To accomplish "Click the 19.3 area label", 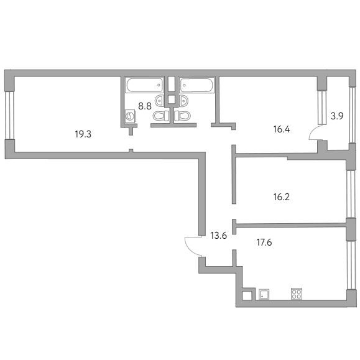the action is [83, 134].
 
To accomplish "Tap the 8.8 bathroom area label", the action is [145, 106].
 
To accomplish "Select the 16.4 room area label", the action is [282, 129].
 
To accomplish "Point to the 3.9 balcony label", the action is [337, 116].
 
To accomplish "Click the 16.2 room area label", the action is [282, 197].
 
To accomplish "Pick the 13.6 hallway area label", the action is [219, 236].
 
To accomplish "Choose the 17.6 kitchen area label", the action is [264, 242].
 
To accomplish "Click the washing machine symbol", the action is [131, 116].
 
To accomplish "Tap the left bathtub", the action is [144, 85].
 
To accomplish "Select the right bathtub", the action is [196, 85].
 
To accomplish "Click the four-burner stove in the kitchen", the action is [297, 294].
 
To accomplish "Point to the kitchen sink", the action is [264, 294].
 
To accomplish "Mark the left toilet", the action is [161, 116].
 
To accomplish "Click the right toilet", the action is [182, 116].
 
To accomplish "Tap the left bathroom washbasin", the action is [160, 101].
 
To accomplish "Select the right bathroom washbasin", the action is [183, 101].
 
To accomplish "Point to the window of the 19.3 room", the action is [10, 115].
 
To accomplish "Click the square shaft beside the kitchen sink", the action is [247, 296].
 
